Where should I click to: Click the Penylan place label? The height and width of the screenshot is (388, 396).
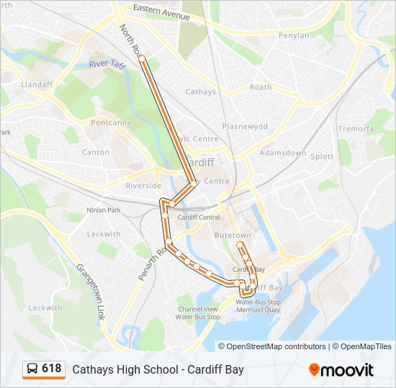[x=294, y=35]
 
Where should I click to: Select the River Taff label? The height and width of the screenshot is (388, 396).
[x=108, y=65]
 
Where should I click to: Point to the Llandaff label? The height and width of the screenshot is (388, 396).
[x=37, y=84]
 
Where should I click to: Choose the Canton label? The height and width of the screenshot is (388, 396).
[x=96, y=152]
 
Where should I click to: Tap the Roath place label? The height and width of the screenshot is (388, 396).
[x=261, y=87]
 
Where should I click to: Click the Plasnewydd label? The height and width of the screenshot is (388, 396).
[x=245, y=126]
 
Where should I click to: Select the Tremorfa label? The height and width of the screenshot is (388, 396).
[x=356, y=129]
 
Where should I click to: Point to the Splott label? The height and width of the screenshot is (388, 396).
[x=322, y=156]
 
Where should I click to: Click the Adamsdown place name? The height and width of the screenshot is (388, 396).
[x=283, y=154]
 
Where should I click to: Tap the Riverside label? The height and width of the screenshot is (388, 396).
[x=143, y=185]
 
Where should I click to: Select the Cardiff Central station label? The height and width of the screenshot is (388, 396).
[x=198, y=217]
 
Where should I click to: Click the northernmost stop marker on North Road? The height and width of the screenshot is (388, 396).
[x=142, y=58]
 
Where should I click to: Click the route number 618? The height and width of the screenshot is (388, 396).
[x=52, y=369]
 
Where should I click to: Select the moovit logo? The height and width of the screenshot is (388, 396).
[x=341, y=370]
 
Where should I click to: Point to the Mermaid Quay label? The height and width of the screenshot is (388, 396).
[x=257, y=310]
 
